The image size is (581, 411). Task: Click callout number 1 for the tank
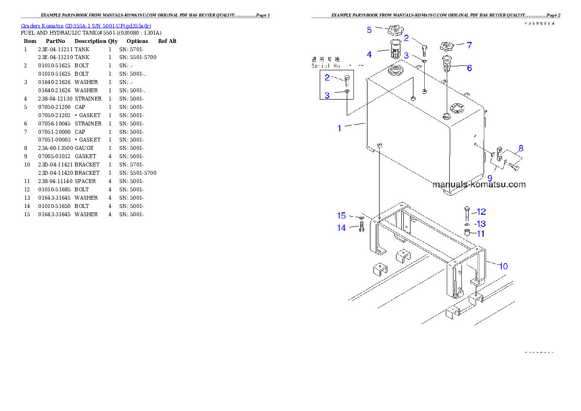(x=339, y=128)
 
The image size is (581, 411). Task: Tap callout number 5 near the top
(x=370, y=30)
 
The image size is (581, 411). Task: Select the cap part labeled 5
(x=394, y=33)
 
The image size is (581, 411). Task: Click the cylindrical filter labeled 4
(x=395, y=50)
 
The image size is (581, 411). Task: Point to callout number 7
(x=469, y=45)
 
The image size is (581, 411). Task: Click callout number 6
(x=469, y=68)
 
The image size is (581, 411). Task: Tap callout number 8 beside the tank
(x=521, y=148)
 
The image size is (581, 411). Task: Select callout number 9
(x=490, y=178)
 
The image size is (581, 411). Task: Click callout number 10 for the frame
(x=503, y=266)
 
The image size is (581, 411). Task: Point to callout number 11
(x=481, y=234)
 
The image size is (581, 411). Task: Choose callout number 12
(x=481, y=212)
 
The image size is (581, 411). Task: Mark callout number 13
(x=481, y=224)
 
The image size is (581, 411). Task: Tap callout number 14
(x=341, y=227)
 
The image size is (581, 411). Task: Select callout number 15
(x=341, y=216)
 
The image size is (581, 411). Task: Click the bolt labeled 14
(x=361, y=227)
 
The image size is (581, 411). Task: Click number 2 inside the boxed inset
(x=327, y=77)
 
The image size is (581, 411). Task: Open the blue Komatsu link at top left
(x=86, y=25)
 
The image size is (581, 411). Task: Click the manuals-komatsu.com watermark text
(x=479, y=185)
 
